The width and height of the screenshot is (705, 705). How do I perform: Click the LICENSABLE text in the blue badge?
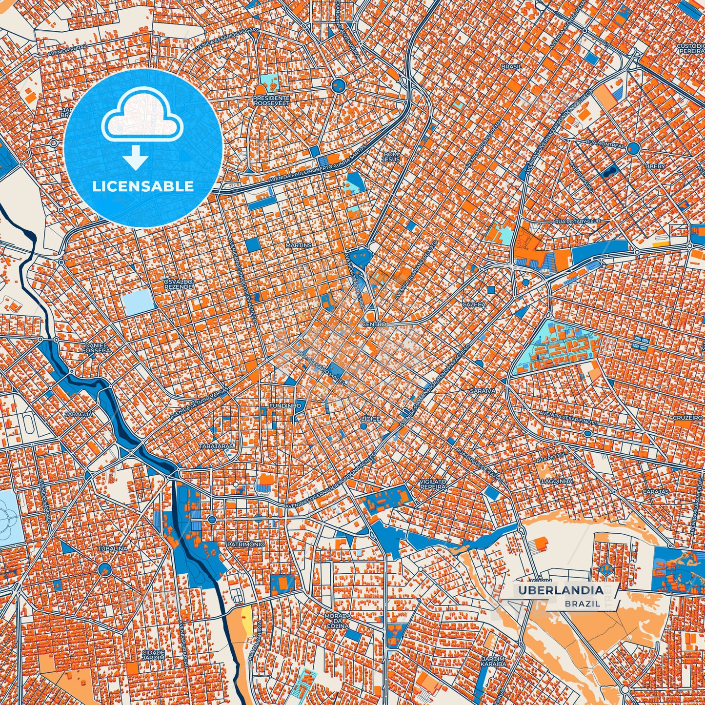click(x=143, y=186)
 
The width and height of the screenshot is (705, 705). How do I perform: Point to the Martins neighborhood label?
click(x=299, y=245)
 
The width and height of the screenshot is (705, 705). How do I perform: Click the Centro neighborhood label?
click(x=374, y=324)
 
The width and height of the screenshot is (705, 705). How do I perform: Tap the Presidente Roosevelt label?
click(x=271, y=101)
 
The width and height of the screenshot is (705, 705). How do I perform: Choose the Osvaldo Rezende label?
click(x=178, y=284)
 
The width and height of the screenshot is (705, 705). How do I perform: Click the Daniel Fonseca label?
click(x=95, y=347)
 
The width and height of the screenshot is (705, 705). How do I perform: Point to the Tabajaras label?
click(x=215, y=446)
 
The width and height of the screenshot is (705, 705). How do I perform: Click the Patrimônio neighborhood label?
click(x=246, y=544)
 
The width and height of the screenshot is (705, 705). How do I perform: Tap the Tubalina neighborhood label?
click(x=113, y=548)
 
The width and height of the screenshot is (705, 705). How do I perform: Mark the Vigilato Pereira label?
click(x=433, y=484)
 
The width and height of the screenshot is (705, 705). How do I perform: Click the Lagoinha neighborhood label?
click(x=557, y=481)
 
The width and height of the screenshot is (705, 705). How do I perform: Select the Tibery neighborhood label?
click(x=654, y=166)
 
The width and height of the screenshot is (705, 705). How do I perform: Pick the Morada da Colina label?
click(x=338, y=621)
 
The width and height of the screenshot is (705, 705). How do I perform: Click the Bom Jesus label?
click(x=390, y=157)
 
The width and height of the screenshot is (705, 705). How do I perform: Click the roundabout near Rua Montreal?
click(x=633, y=148)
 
